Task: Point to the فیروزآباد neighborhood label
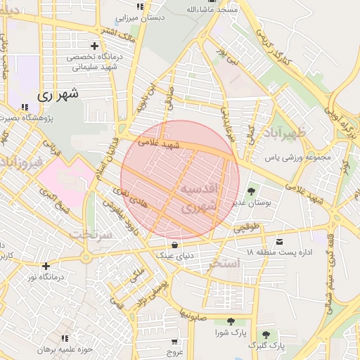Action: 21,163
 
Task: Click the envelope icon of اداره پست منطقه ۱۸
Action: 281,241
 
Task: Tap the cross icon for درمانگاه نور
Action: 46,266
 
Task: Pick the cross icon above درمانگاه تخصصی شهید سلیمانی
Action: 94,46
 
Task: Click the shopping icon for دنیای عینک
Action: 174,245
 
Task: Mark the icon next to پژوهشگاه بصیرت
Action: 25,107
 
